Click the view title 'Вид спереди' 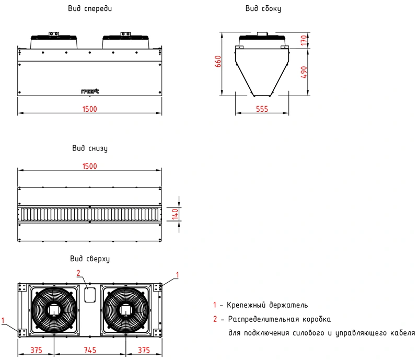click(x=90, y=9)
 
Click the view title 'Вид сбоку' click(x=263, y=9)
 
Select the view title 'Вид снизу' click(x=90, y=148)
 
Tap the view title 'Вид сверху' click(x=90, y=259)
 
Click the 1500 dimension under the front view click(x=90, y=109)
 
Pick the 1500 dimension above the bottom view click(x=90, y=166)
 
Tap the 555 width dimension click(x=262, y=109)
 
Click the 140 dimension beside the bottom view click(x=176, y=213)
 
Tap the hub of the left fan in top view click(x=53, y=309)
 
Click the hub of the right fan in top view click(x=125, y=309)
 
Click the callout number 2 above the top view click(x=78, y=273)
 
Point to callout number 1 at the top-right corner click(x=177, y=274)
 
